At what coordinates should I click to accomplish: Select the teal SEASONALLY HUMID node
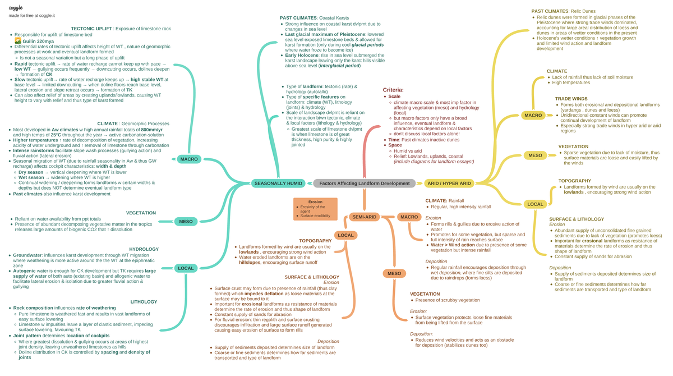click(279, 184)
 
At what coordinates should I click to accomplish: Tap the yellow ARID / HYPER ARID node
click(449, 184)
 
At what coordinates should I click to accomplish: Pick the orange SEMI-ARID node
click(364, 217)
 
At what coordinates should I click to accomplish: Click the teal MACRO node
click(189, 159)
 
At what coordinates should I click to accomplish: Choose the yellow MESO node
click(535, 155)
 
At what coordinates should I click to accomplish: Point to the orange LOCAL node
click(345, 235)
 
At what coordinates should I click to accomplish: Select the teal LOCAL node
click(186, 268)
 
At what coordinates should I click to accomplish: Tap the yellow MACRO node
click(533, 116)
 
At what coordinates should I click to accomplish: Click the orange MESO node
click(394, 273)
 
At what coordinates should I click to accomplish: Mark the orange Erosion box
click(315, 208)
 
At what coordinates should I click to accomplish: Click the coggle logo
click(16, 7)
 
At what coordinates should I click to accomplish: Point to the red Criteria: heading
click(393, 90)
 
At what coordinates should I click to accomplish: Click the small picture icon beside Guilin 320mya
click(17, 41)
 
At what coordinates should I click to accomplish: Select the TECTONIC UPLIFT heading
click(91, 29)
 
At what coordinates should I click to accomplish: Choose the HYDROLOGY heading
click(144, 249)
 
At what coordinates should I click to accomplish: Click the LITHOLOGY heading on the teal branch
click(144, 302)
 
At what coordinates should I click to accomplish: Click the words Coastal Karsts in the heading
click(335, 18)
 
